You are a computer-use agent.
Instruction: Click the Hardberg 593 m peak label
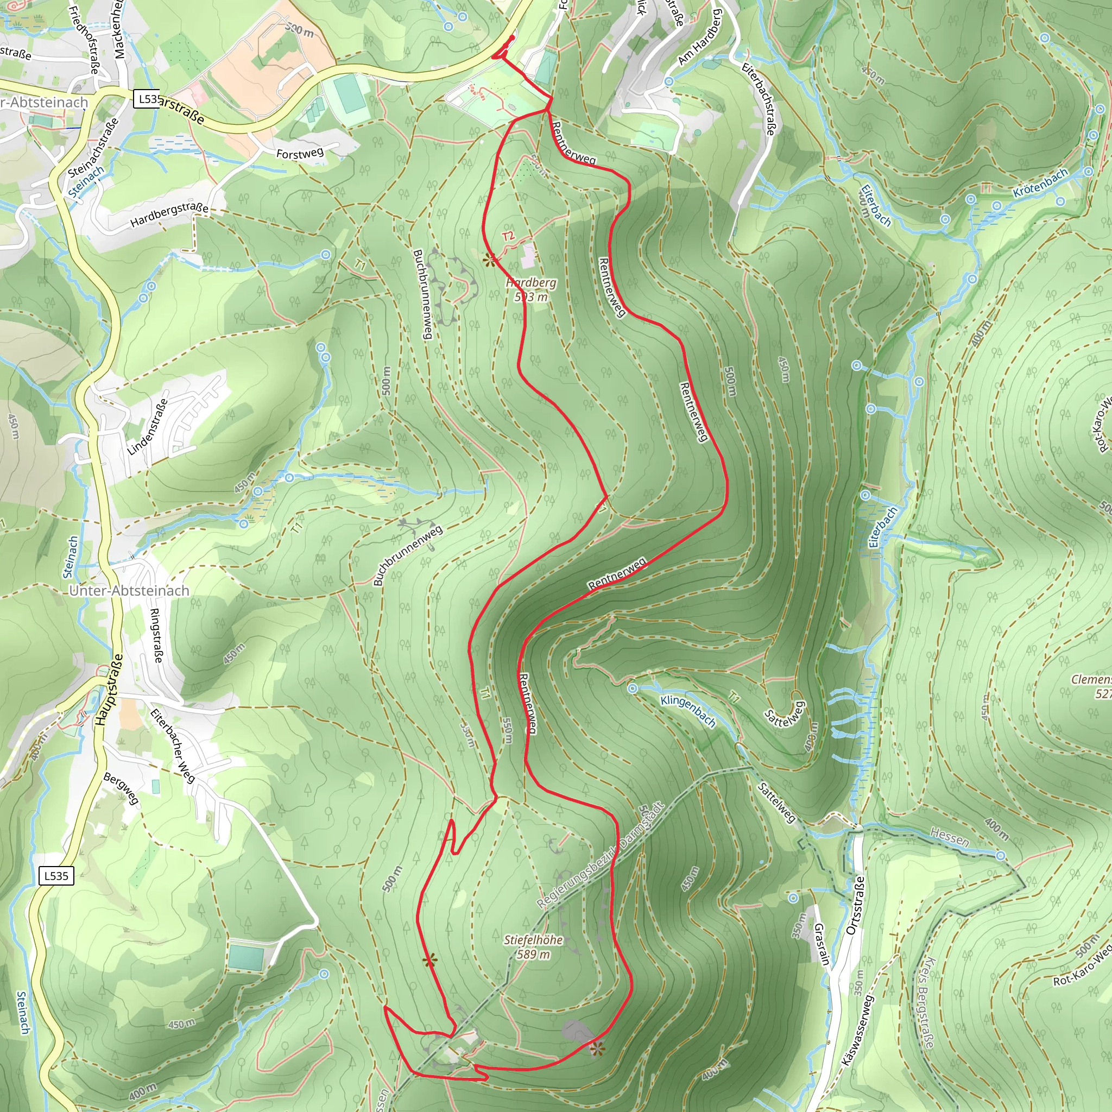point(530,289)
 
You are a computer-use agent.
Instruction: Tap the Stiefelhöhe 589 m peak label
point(533,947)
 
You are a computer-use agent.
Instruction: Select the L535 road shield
point(56,876)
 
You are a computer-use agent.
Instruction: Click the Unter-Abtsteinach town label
point(129,591)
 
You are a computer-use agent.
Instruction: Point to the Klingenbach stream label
point(688,711)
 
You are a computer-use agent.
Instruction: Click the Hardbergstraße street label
point(169,214)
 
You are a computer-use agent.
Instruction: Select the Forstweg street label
point(300,153)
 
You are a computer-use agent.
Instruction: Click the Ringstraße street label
point(155,635)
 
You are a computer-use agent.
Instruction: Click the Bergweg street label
point(122,788)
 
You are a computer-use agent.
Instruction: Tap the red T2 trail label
point(508,236)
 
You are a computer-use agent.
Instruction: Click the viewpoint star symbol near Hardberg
point(490,261)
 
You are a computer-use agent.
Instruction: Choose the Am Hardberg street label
point(699,37)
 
